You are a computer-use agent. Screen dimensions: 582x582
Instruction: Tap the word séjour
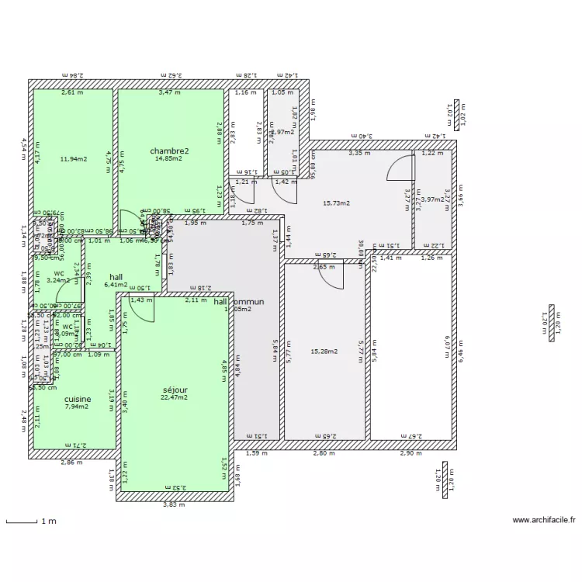coord(175,390)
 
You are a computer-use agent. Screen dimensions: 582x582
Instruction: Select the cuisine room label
coord(78,399)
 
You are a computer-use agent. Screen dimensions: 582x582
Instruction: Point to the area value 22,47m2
coord(175,398)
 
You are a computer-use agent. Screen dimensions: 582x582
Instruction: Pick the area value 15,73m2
coord(336,203)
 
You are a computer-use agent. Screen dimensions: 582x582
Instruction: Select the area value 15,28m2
coord(324,352)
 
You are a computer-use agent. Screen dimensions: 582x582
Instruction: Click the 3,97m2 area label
coord(431,199)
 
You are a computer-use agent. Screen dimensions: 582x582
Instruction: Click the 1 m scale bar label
coord(48,522)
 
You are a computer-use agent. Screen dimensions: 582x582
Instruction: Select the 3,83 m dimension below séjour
coord(174,505)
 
